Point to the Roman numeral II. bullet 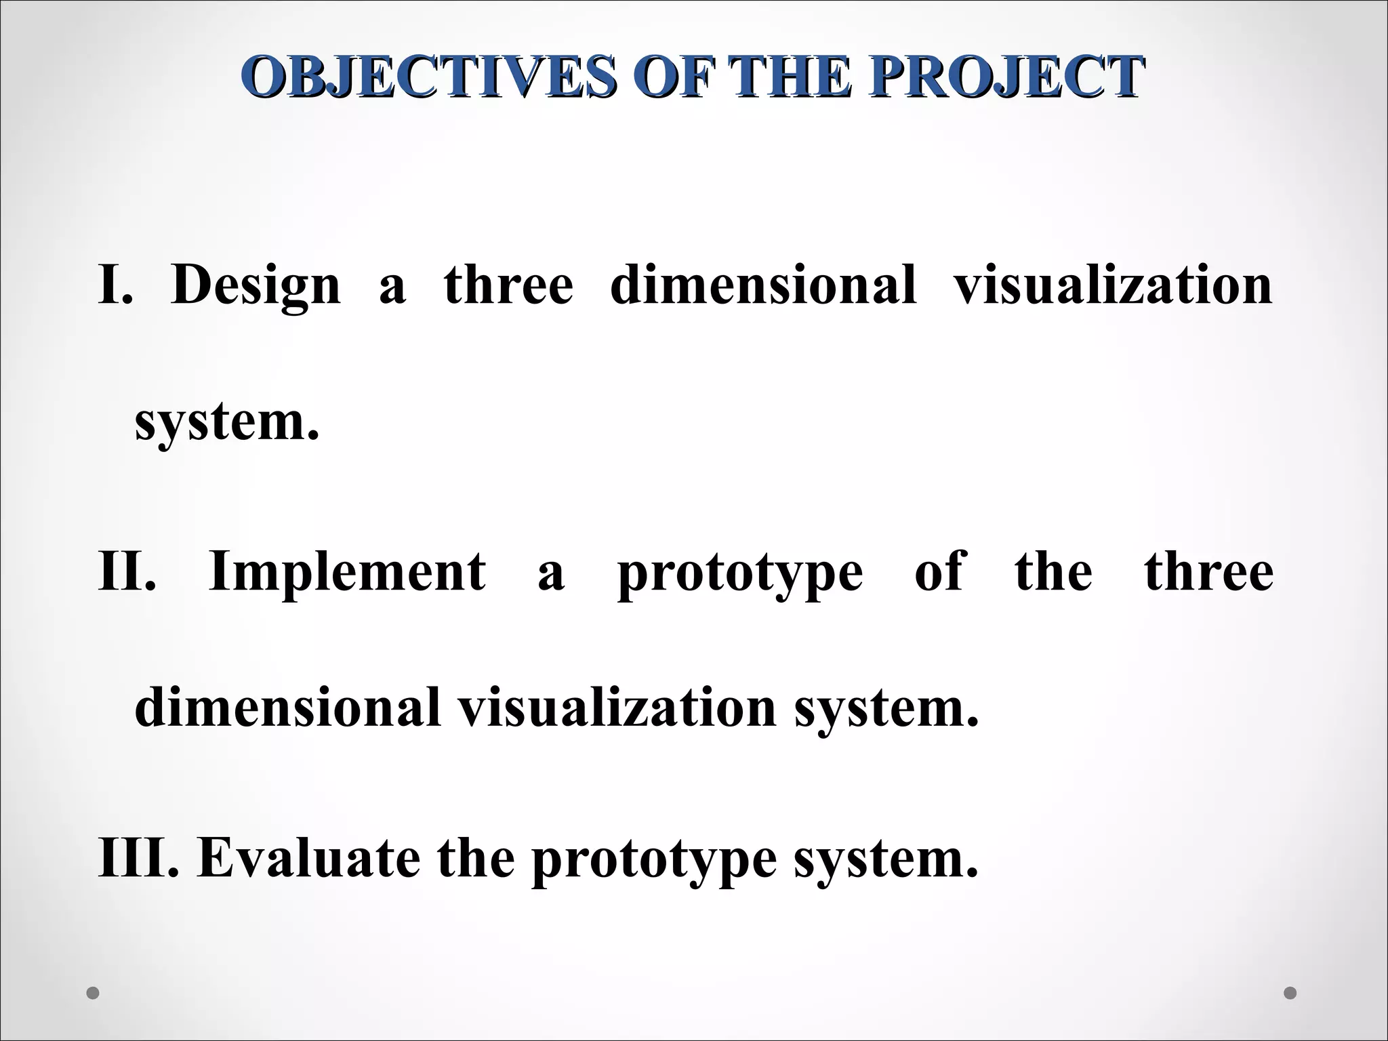pyautogui.click(x=127, y=571)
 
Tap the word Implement pyautogui.click(x=347, y=571)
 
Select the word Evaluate pyautogui.click(x=308, y=857)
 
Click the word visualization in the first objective pyautogui.click(x=1113, y=285)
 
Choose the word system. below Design pyautogui.click(x=226, y=423)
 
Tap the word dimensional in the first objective pyautogui.click(x=763, y=285)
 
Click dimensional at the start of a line pyautogui.click(x=288, y=708)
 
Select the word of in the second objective pyautogui.click(x=938, y=571)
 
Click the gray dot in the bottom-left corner pyautogui.click(x=94, y=993)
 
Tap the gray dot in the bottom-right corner pyautogui.click(x=1290, y=993)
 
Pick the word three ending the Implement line pyautogui.click(x=1209, y=571)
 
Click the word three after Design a pyautogui.click(x=508, y=285)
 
